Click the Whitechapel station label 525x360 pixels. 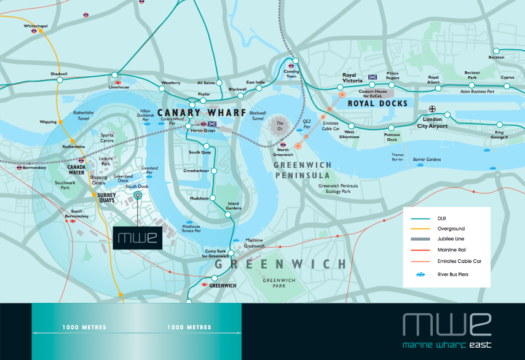(x=35, y=26)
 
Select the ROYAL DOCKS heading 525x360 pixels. (x=377, y=104)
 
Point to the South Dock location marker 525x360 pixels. (x=137, y=196)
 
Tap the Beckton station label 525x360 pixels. (x=496, y=57)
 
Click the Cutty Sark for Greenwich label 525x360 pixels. (x=218, y=254)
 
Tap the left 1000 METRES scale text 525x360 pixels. (x=84, y=327)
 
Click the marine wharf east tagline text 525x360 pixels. (x=446, y=344)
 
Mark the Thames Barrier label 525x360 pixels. (x=397, y=157)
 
